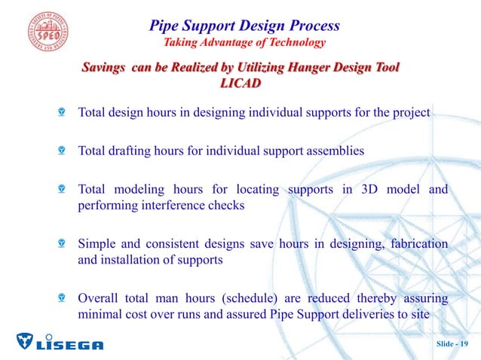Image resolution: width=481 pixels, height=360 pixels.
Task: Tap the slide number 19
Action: (452, 344)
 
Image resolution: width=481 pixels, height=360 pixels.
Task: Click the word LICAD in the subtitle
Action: (240, 84)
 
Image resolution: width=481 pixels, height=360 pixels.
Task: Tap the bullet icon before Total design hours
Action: (63, 114)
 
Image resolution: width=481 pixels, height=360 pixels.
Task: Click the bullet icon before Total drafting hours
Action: (63, 151)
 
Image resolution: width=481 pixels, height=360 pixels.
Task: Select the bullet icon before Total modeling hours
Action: (63, 189)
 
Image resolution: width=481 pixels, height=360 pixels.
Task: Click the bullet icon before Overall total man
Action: (63, 299)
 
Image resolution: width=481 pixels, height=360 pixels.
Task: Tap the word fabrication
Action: (417, 246)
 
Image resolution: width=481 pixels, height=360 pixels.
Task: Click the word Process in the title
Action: (312, 26)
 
